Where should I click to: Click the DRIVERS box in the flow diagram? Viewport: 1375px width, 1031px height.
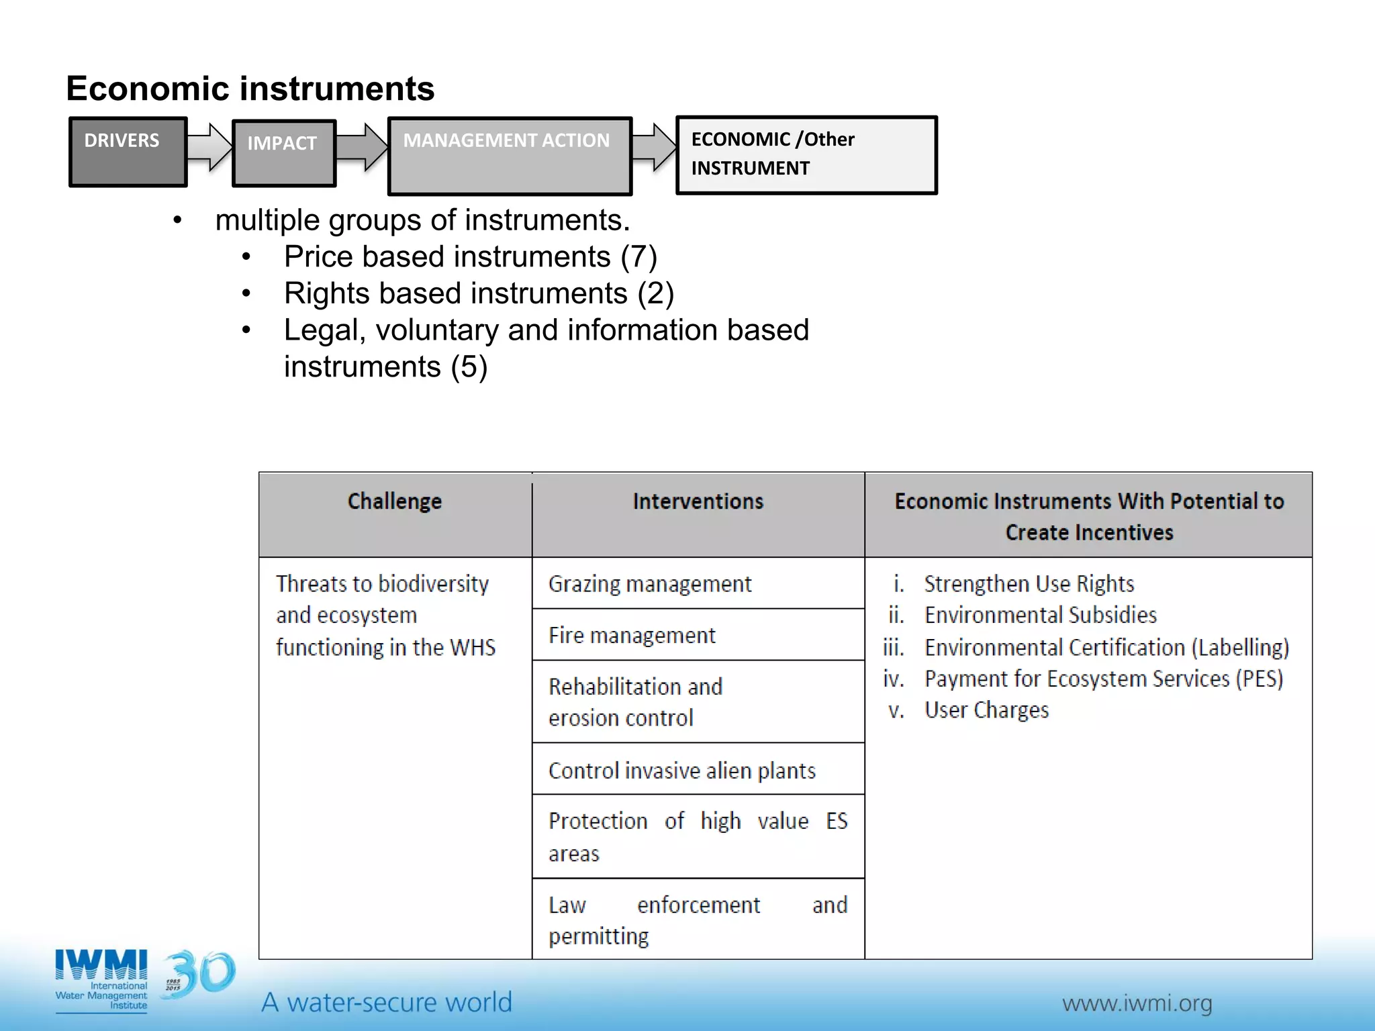tap(128, 152)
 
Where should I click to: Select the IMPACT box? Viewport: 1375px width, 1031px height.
tap(283, 153)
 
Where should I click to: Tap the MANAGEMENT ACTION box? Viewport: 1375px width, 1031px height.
tap(510, 156)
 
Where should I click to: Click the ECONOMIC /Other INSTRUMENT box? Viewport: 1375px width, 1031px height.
tap(806, 155)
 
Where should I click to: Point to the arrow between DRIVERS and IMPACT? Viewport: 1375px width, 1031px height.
tap(209, 146)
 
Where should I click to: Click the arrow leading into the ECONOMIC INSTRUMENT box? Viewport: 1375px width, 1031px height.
tap(654, 146)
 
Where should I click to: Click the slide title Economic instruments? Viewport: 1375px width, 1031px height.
tap(250, 89)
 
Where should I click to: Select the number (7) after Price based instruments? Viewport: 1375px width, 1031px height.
tap(638, 257)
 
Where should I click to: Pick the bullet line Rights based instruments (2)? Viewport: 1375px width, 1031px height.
tap(479, 293)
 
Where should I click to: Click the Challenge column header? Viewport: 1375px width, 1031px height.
tap(395, 502)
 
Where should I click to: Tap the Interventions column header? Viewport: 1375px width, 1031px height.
tap(698, 502)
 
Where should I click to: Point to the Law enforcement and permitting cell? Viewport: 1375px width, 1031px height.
tap(698, 920)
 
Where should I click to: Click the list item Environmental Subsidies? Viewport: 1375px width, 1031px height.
tap(1040, 615)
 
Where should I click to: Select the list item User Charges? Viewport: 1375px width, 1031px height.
tap(986, 710)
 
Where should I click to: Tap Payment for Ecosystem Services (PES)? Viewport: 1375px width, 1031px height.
tap(1103, 679)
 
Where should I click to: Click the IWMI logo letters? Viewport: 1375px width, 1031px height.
tap(101, 965)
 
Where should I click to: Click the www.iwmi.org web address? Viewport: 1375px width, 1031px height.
tap(1137, 1003)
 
